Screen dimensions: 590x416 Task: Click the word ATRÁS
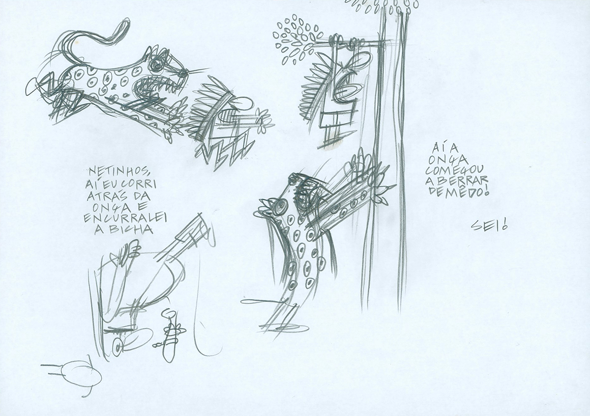point(105,196)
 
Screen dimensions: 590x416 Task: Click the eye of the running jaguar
point(156,63)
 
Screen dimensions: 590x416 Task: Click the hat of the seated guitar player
point(126,250)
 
